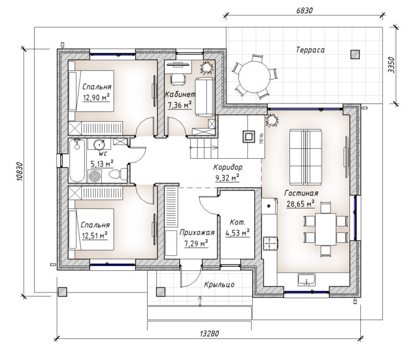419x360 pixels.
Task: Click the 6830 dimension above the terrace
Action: click(x=304, y=11)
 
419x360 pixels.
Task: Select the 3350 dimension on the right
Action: click(x=391, y=65)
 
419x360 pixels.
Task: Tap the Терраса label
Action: click(x=311, y=50)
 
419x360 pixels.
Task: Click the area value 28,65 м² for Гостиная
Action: click(x=301, y=204)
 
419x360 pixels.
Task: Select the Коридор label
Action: click(x=227, y=167)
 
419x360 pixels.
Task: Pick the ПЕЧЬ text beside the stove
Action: click(x=261, y=138)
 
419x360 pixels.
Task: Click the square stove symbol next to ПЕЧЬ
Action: click(x=249, y=137)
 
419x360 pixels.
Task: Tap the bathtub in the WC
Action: click(x=77, y=160)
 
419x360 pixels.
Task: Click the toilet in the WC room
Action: click(x=118, y=174)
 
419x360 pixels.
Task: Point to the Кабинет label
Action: click(x=180, y=94)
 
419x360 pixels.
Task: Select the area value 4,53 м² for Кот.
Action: click(x=237, y=233)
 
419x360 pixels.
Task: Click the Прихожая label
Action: click(x=196, y=233)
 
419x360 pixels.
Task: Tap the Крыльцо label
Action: click(x=219, y=285)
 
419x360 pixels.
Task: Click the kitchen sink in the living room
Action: click(x=307, y=280)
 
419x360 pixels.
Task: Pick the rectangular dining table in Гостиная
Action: click(x=325, y=229)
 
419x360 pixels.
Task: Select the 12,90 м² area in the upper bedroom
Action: click(x=96, y=98)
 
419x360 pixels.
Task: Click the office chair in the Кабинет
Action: click(x=178, y=79)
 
